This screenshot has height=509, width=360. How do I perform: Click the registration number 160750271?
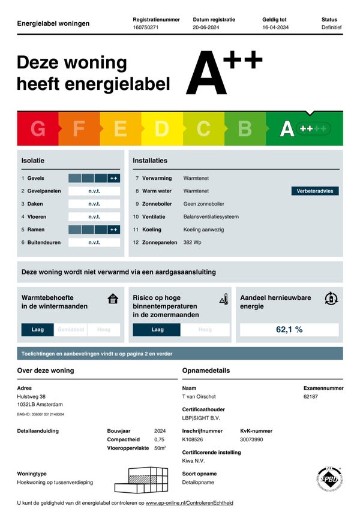(x=145, y=28)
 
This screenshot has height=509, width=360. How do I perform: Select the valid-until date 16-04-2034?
(x=276, y=28)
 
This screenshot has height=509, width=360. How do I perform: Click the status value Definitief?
(x=331, y=28)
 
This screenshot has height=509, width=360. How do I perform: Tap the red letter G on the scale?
(x=38, y=129)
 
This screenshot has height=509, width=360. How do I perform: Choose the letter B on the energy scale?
(x=245, y=129)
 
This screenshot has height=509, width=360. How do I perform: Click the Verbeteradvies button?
(x=314, y=191)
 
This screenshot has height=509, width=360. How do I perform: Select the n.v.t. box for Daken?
(x=94, y=204)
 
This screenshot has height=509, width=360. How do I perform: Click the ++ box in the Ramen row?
(x=113, y=230)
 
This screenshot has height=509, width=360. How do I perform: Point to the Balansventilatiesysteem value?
(x=211, y=216)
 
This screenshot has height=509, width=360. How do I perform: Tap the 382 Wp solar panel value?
(x=192, y=242)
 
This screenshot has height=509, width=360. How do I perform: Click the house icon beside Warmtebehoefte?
(x=112, y=299)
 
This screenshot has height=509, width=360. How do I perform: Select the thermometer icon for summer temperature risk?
(x=224, y=299)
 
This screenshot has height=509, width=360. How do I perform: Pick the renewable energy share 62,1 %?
(x=289, y=330)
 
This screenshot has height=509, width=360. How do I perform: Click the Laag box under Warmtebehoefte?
(x=38, y=330)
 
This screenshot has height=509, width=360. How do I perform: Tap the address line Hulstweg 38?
(x=31, y=396)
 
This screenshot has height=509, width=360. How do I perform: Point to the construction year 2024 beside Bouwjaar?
(x=160, y=430)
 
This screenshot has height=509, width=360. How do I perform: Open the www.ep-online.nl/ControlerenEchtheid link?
(x=189, y=502)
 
